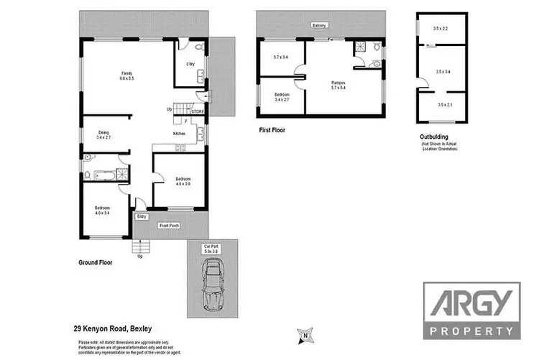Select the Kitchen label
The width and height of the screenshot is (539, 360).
click(x=180, y=134)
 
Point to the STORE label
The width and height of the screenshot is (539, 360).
click(x=198, y=112)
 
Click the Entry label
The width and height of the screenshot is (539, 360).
click(x=141, y=216)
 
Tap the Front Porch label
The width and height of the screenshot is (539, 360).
click(x=169, y=226)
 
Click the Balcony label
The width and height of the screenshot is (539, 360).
click(x=320, y=26)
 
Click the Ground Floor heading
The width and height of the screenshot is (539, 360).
click(x=96, y=263)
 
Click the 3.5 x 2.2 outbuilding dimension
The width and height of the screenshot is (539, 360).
click(x=441, y=29)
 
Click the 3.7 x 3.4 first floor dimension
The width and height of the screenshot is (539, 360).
click(x=281, y=57)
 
